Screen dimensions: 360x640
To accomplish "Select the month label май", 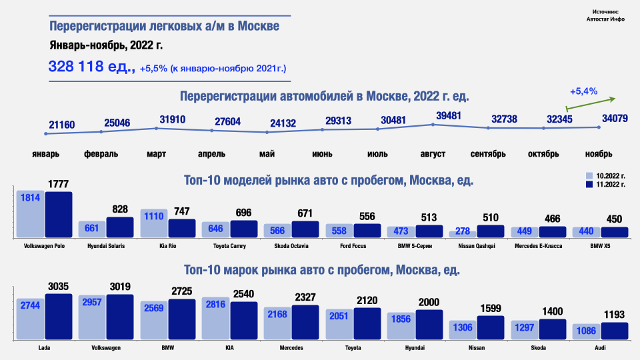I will pos(267,154).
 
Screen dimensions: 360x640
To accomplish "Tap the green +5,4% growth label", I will pos(583,91).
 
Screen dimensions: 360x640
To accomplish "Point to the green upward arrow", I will pos(590,103).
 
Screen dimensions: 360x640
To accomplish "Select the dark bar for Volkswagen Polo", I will pos(59,215).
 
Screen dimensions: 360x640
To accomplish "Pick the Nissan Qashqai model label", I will pos(477,246).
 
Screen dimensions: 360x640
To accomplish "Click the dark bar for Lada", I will pos(59,317).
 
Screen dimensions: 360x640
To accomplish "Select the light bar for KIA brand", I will pos(216,319).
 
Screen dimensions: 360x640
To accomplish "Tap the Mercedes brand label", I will pos(291,348).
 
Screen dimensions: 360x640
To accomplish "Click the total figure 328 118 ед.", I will pos(92,67).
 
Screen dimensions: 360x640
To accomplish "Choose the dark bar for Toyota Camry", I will pos(244,229).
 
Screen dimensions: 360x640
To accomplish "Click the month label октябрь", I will pos(543,154).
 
